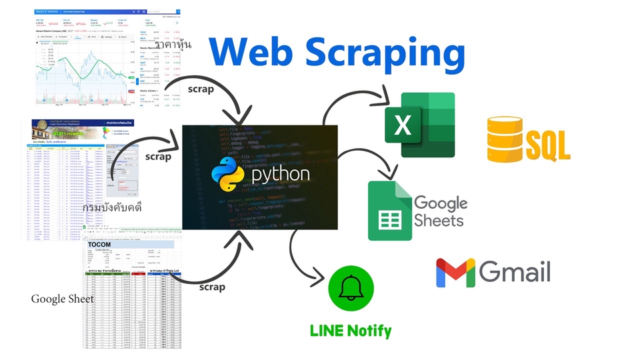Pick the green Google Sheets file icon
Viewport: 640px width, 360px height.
[389, 211]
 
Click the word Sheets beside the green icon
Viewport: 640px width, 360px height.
[439, 219]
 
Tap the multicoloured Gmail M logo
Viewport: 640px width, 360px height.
[456, 273]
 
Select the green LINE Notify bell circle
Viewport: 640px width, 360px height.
[351, 289]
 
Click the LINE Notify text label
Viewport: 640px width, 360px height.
[351, 330]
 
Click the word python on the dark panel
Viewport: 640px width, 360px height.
[280, 175]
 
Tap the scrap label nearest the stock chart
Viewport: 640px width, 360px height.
[201, 89]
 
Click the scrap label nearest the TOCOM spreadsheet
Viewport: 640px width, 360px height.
[212, 287]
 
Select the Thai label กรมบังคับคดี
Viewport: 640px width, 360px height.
[121, 208]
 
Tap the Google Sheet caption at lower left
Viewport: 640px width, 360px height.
[63, 299]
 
